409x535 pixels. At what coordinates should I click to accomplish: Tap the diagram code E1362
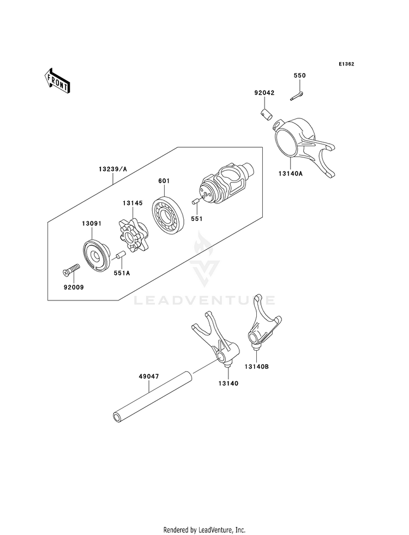[x=346, y=64]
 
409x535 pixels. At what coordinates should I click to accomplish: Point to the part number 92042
[x=264, y=93]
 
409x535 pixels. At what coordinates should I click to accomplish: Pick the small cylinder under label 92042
[x=266, y=115]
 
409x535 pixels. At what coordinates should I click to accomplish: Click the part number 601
[x=165, y=181]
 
